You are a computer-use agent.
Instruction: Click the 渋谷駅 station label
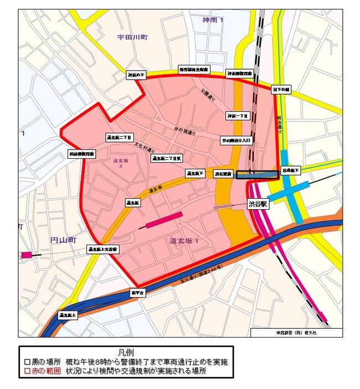coord(258,204)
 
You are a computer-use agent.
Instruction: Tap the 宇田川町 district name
coord(133,38)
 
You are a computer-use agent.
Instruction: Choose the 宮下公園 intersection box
coord(281,89)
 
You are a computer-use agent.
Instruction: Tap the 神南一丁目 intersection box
coord(238,116)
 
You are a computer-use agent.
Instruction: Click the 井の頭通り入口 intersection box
coord(236,141)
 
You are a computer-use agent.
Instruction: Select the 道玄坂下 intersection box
coord(194,174)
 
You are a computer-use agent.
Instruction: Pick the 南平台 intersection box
coord(137,292)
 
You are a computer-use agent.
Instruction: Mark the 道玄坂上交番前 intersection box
coord(103,250)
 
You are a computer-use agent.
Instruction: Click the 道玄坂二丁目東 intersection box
coord(167,158)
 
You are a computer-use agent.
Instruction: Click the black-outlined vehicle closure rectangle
coord(256,174)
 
